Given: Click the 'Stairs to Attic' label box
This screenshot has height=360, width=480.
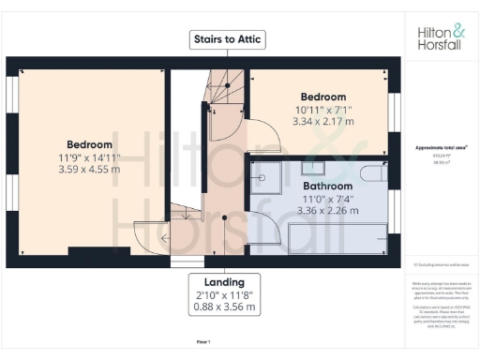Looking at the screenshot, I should [x=227, y=39].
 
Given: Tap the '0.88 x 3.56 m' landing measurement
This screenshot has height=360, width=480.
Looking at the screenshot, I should [x=224, y=308].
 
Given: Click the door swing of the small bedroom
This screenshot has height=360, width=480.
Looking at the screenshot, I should [x=265, y=137].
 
